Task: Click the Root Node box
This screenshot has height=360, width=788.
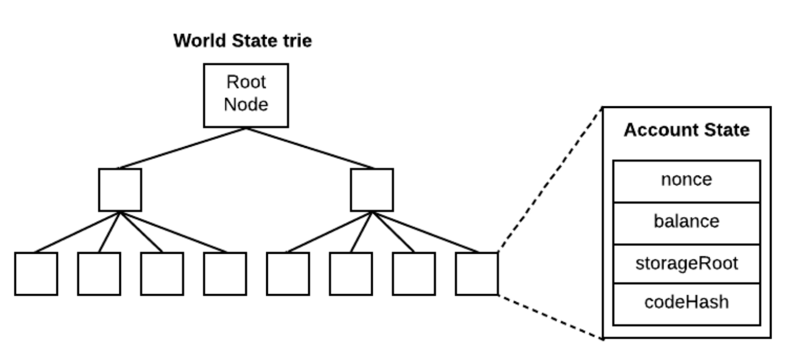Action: click(x=246, y=95)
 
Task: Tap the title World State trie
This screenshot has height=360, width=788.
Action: click(x=243, y=40)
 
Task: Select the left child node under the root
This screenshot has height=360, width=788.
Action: click(x=120, y=190)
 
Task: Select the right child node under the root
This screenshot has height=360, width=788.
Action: click(x=372, y=190)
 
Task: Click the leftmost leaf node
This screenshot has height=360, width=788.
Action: click(x=36, y=273)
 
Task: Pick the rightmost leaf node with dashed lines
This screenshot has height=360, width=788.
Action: click(x=477, y=273)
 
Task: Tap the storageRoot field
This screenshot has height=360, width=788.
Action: click(x=687, y=264)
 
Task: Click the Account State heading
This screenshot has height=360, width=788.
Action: click(x=687, y=130)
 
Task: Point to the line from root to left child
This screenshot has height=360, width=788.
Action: click(x=183, y=148)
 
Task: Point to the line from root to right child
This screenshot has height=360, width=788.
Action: click(x=310, y=148)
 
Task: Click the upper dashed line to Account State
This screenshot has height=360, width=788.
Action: click(x=550, y=179)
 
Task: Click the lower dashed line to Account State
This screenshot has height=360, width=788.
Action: click(x=551, y=317)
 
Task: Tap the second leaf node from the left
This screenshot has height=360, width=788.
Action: click(x=99, y=273)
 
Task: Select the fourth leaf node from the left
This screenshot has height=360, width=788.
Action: click(x=225, y=273)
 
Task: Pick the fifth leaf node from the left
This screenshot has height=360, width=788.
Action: click(x=288, y=273)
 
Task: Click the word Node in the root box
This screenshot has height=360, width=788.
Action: click(x=246, y=105)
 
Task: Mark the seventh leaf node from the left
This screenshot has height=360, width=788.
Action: click(x=414, y=273)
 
